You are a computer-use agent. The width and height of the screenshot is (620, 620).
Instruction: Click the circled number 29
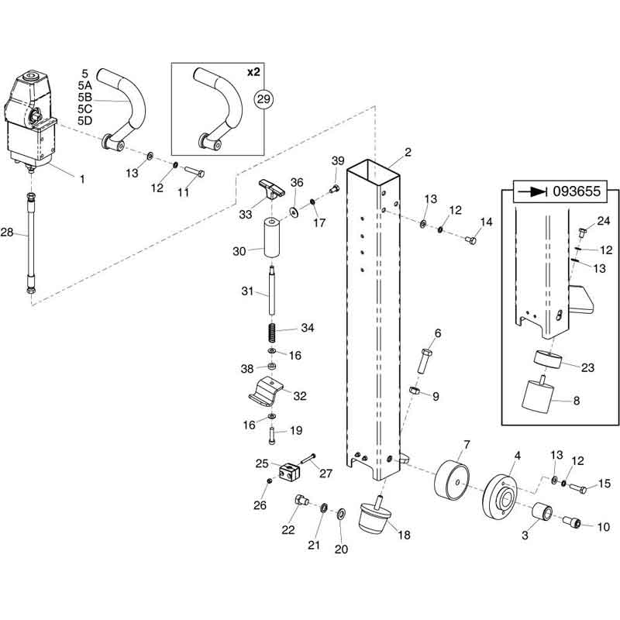(x=263, y=99)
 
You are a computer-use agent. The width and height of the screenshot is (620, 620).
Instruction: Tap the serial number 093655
(x=577, y=191)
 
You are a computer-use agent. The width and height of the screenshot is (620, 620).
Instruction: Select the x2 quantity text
(x=253, y=72)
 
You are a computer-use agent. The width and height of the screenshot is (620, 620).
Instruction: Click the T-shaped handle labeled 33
(x=272, y=188)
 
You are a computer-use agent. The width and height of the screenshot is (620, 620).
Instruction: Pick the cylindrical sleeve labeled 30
(x=272, y=237)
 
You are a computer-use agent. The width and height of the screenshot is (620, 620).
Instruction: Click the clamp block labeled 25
(x=289, y=472)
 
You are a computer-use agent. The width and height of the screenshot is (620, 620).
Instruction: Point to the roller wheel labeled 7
(x=452, y=480)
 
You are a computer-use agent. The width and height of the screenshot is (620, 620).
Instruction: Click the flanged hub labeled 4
(x=500, y=494)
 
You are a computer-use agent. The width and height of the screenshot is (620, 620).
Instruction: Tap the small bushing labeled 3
(x=541, y=512)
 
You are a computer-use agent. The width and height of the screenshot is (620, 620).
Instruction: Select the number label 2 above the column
(x=408, y=152)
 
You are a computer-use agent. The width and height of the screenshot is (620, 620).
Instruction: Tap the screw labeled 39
(x=335, y=188)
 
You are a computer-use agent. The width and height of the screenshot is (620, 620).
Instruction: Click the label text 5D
(x=85, y=121)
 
